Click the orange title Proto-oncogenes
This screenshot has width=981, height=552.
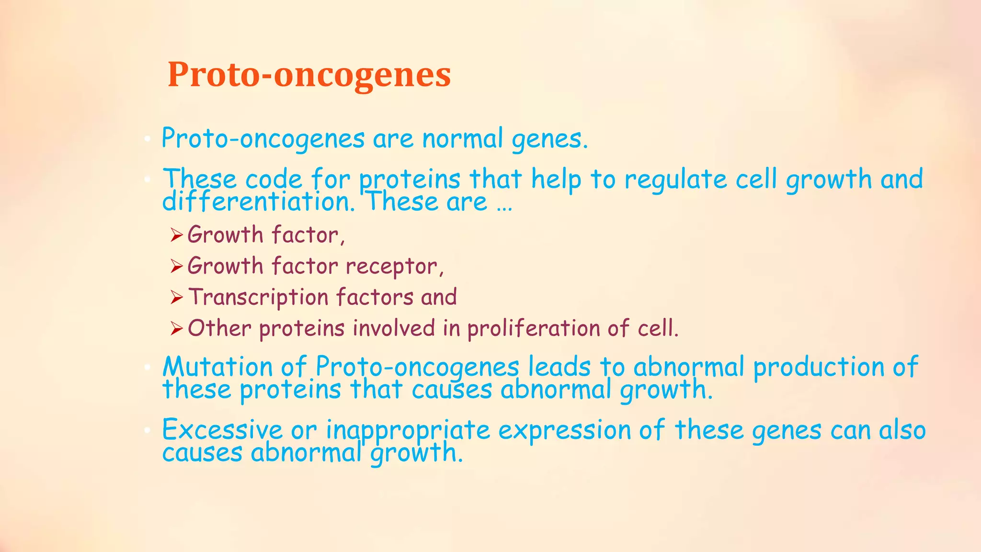tap(309, 75)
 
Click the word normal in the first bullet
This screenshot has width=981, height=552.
tap(462, 139)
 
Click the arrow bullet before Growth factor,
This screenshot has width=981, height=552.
tap(177, 235)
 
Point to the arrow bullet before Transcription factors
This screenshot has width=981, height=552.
tap(177, 298)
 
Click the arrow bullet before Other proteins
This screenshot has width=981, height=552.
tap(177, 329)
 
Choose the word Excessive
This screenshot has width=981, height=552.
tap(222, 430)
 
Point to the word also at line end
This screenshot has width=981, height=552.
tap(902, 430)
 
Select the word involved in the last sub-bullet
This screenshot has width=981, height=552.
tap(394, 329)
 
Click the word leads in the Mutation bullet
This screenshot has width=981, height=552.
tap(559, 367)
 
